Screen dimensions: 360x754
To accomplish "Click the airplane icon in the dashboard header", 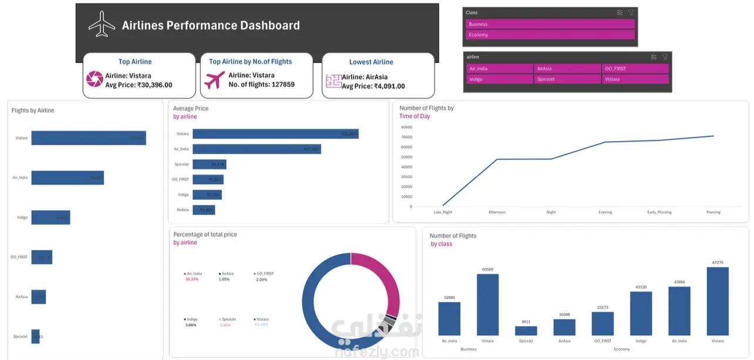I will tap(102, 24).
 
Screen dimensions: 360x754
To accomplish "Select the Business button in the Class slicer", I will tap(550, 24).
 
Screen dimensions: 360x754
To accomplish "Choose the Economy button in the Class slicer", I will tap(550, 35).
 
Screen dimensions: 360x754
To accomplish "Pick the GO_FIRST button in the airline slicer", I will tap(635, 68).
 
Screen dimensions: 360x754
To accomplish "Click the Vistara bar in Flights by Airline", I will tap(88, 138).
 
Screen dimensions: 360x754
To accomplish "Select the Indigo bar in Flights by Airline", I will tap(51, 217).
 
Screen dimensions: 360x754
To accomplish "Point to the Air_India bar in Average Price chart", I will tap(257, 149).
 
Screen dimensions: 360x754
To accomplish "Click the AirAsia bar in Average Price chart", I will tap(204, 210).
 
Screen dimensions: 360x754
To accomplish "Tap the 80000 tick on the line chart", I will tap(406, 127).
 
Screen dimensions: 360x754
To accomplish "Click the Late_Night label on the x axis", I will tap(443, 212).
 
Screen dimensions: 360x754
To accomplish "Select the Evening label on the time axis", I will tap(605, 212).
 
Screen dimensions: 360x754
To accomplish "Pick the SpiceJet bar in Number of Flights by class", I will tap(526, 331).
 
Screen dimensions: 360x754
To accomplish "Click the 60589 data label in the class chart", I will tap(487, 270).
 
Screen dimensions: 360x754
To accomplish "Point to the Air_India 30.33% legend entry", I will tap(196, 276).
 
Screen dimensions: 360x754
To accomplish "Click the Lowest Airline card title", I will tap(371, 62).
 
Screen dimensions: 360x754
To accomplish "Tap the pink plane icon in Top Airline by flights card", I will tap(214, 80).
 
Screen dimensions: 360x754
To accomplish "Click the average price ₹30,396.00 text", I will tap(139, 85).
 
